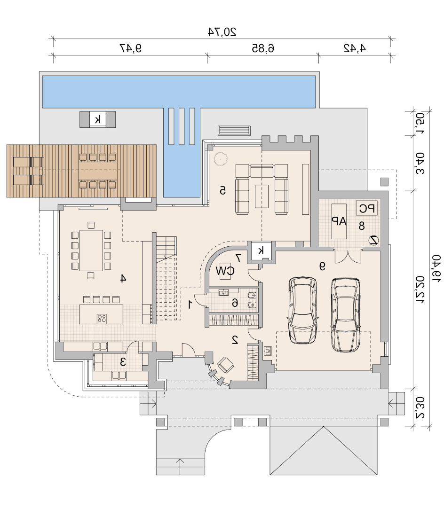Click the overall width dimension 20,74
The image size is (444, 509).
[222, 31]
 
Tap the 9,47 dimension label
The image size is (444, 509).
[131, 48]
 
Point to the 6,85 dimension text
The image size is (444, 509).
[263, 48]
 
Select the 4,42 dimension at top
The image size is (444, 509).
[355, 48]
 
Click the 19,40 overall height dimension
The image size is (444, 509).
[436, 268]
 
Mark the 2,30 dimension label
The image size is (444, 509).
[420, 407]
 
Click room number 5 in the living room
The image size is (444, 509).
[222, 190]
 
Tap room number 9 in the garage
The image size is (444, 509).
[322, 266]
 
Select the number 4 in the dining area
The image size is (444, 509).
[123, 278]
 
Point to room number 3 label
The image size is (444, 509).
[123, 361]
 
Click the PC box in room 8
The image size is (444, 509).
[367, 208]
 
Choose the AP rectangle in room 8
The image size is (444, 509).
[339, 221]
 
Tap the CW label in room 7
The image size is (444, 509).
[225, 271]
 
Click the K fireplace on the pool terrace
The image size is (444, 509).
[97, 119]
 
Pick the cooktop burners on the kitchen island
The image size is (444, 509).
[102, 319]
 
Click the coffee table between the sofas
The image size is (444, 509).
[262, 196]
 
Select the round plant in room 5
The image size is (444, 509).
[220, 159]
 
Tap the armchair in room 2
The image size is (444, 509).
[225, 365]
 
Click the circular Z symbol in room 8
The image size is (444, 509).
[374, 240]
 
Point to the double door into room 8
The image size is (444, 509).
[348, 257]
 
